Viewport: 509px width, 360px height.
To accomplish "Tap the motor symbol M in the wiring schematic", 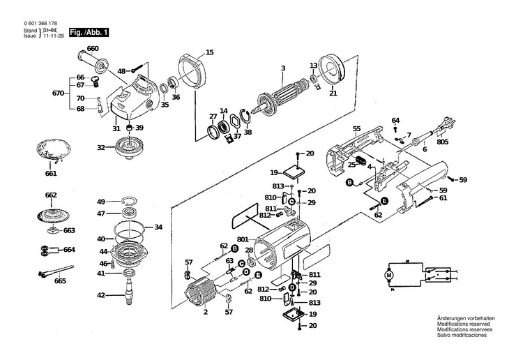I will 389,277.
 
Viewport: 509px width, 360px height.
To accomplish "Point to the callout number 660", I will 93,49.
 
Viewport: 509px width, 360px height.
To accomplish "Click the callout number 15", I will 210,52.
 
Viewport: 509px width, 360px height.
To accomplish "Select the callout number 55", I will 356,128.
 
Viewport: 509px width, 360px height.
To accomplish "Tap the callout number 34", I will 158,227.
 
